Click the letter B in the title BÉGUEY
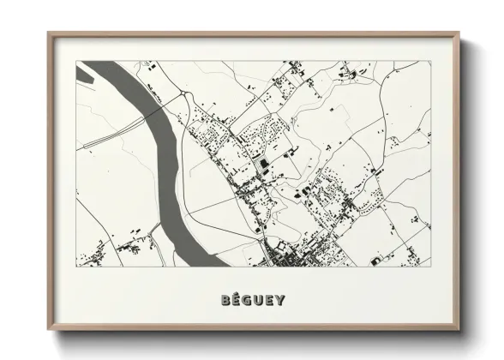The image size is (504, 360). click(225, 301)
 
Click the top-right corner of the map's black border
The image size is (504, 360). click(430, 61)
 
